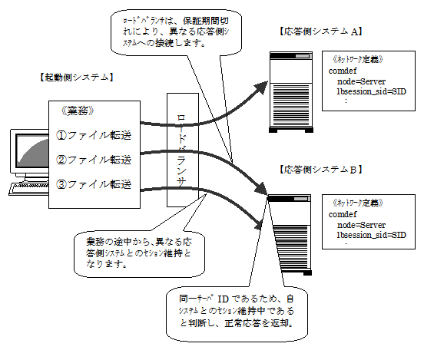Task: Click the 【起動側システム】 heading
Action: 77,78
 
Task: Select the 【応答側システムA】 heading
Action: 320,31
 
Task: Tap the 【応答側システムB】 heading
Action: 320,170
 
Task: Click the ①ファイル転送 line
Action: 94,135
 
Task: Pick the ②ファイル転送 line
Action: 94,160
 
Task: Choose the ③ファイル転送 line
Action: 94,184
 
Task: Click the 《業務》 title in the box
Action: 78,111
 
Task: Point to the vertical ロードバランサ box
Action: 183,150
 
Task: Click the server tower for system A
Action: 291,92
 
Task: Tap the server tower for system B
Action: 290,235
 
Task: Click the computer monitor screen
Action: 32,150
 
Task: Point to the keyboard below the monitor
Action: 29,188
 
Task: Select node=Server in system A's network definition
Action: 361,81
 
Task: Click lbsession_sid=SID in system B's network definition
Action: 371,235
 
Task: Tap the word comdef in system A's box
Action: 343,71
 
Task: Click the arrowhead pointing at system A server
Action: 261,88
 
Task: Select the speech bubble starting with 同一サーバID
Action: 237,314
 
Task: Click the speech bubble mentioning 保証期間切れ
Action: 176,33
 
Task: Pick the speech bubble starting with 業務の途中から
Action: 139,254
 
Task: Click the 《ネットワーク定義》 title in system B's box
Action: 358,203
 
